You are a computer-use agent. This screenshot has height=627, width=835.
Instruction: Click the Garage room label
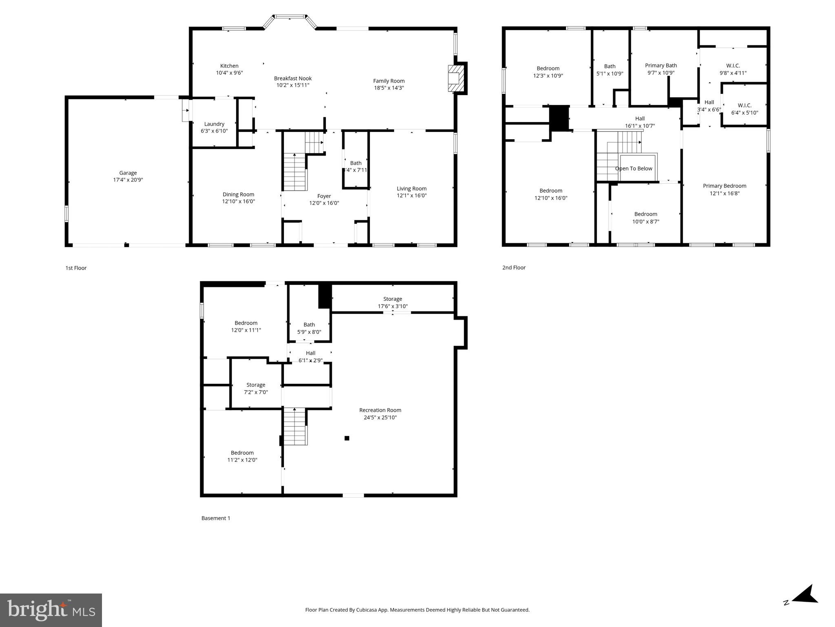(128, 173)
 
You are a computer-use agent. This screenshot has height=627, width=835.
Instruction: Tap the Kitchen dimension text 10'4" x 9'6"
(229, 73)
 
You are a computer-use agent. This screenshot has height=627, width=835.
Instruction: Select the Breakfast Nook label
(292, 78)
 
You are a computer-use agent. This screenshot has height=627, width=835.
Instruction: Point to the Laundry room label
(214, 124)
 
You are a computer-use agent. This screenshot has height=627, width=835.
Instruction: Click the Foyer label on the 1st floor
(324, 196)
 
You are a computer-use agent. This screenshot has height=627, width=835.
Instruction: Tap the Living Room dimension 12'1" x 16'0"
(412, 196)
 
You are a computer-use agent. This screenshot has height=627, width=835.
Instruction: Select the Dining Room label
(238, 195)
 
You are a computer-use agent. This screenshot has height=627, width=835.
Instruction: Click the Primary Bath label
(661, 66)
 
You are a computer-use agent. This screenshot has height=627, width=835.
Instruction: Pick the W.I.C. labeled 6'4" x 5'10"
(744, 109)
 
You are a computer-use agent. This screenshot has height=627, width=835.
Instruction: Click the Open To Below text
(633, 169)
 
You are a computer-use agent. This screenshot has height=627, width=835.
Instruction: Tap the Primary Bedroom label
(724, 186)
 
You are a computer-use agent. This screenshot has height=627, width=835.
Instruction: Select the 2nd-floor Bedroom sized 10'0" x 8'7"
(646, 218)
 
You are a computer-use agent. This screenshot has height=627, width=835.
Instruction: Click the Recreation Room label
(380, 410)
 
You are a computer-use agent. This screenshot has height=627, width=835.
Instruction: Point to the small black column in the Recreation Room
(347, 438)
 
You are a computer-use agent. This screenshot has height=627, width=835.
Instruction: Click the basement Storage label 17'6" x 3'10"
(392, 302)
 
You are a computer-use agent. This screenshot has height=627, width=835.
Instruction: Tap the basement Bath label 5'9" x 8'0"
(309, 328)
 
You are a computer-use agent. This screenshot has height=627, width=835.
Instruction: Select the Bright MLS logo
(51, 610)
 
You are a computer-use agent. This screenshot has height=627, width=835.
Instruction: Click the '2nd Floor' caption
(514, 268)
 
